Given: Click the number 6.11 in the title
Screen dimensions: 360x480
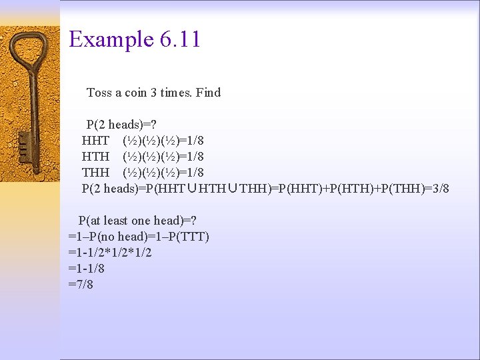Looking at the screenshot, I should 180,39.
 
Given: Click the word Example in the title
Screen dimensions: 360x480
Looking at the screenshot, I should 111,40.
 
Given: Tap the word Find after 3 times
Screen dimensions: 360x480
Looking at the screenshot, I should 208,93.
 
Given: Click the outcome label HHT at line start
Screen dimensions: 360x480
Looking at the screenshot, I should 95,141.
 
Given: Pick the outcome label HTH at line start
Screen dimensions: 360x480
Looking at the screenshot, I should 95,157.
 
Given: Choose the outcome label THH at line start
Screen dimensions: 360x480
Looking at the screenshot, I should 95,173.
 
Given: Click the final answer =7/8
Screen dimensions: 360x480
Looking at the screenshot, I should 81,285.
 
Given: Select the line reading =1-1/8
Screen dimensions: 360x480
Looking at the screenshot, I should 86,269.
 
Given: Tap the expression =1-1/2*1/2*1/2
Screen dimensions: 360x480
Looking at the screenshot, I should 110,253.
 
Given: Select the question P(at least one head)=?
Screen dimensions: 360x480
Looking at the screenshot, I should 137,221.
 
